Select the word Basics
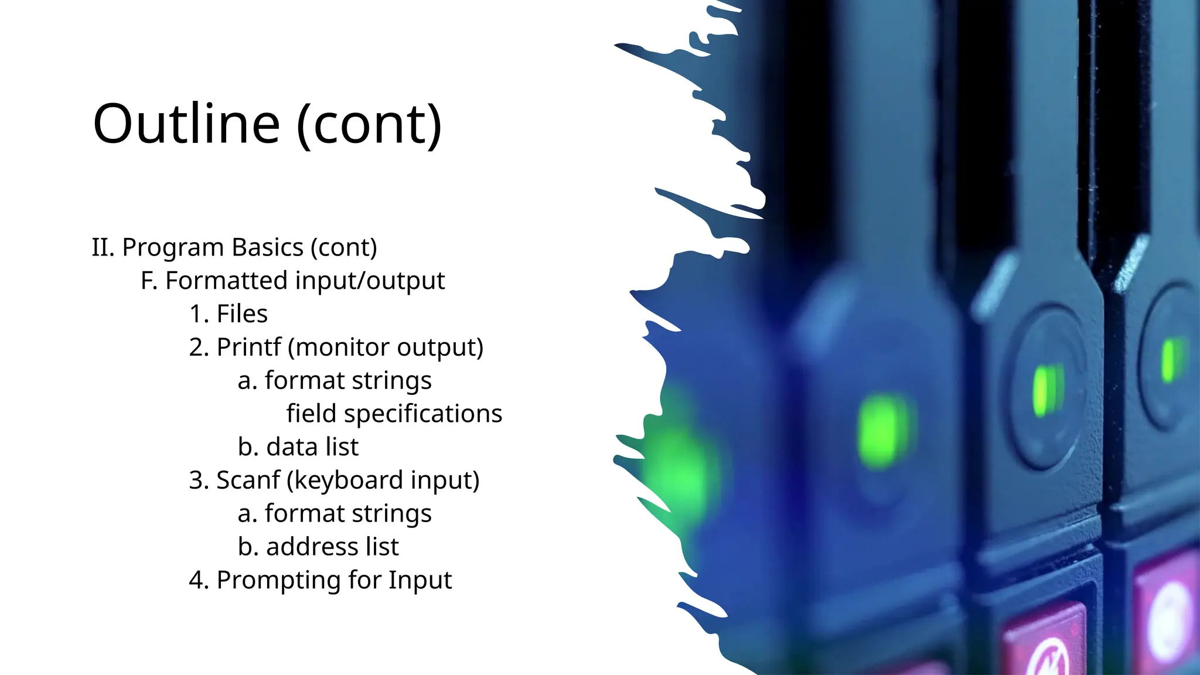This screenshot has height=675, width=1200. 268,247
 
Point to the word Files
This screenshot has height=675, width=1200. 242,314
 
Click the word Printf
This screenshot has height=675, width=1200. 249,347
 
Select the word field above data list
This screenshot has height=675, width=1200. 311,414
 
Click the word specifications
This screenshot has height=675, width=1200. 423,414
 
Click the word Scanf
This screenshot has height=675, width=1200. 248,480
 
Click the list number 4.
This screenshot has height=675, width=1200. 197,580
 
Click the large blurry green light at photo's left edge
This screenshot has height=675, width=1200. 680,469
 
